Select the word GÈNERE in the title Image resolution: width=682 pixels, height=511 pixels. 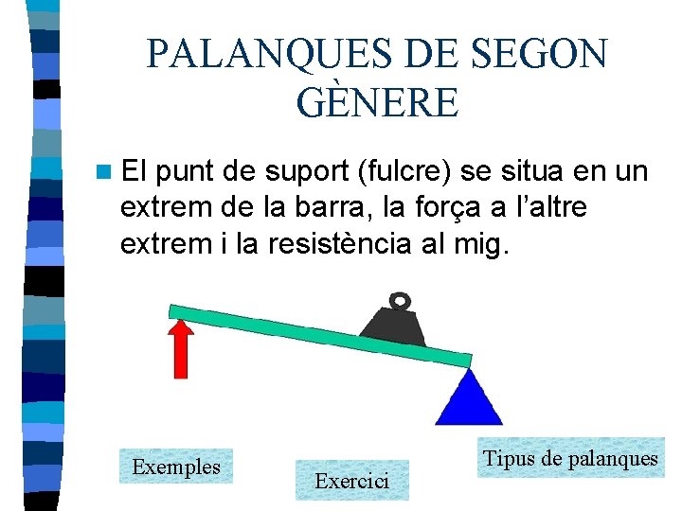377,102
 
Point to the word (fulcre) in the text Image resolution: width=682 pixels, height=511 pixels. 414,173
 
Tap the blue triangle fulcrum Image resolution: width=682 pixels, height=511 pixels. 468,398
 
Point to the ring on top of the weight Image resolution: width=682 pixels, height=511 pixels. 402,302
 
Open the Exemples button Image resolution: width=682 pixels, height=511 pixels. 176,467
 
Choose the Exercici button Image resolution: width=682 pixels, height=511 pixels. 351,481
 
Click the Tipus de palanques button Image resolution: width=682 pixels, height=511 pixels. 570,459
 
